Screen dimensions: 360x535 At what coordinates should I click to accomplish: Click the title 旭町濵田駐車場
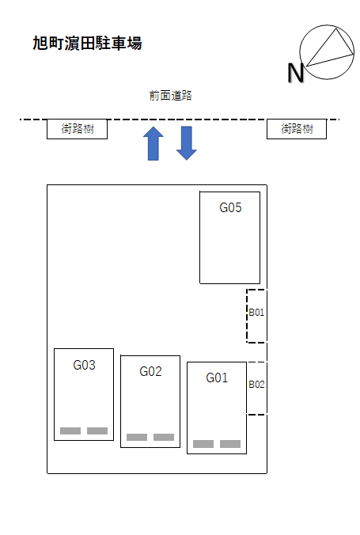pyautogui.click(x=87, y=44)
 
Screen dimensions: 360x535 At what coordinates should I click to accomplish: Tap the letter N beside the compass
pyautogui.click(x=295, y=73)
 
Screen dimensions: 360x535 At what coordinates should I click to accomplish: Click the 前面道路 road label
pyautogui.click(x=171, y=96)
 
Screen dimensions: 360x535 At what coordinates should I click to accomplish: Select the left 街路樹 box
pyautogui.click(x=77, y=129)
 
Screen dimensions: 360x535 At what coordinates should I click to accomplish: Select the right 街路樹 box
pyautogui.click(x=297, y=129)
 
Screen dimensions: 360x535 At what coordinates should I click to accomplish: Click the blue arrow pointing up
pyautogui.click(x=153, y=143)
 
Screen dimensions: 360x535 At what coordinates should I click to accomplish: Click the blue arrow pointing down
pyautogui.click(x=186, y=143)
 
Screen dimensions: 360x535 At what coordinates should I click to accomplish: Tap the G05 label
pyautogui.click(x=230, y=207)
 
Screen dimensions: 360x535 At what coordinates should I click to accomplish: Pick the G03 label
pyautogui.click(x=84, y=365)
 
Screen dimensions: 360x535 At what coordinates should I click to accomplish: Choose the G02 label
pyautogui.click(x=150, y=371)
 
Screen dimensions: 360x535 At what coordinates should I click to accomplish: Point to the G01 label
pyautogui.click(x=217, y=378)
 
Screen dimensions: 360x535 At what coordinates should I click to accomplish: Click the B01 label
pyautogui.click(x=256, y=312)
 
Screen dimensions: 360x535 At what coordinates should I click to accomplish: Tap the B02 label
pyautogui.click(x=256, y=385)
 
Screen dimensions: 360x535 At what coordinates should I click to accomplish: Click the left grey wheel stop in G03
pyautogui.click(x=70, y=431)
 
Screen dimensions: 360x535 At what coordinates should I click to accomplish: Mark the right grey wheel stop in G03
pyautogui.click(x=97, y=431)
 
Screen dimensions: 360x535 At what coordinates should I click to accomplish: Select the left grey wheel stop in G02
pyautogui.click(x=137, y=437)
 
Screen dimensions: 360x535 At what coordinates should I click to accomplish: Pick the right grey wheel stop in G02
pyautogui.click(x=164, y=437)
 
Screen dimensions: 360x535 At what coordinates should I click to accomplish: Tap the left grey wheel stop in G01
pyautogui.click(x=203, y=444)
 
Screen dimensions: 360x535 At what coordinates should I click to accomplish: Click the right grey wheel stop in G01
pyautogui.click(x=230, y=444)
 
